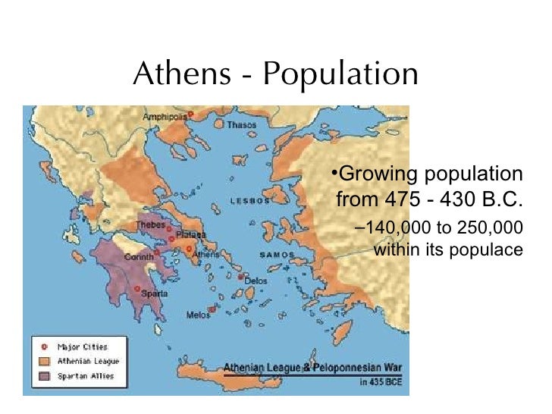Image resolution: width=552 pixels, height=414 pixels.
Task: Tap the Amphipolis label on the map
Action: (165, 117)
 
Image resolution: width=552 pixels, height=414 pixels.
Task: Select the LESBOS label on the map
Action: (250, 202)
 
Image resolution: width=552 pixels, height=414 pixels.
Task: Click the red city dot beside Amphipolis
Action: (191, 114)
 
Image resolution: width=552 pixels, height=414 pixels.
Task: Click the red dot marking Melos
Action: (214, 309)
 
